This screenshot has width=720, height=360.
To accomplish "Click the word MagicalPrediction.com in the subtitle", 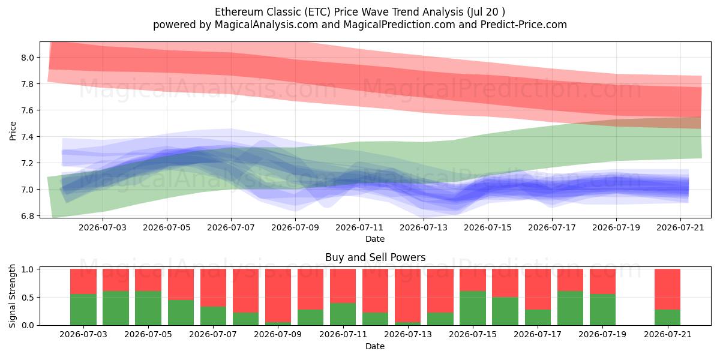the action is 399,25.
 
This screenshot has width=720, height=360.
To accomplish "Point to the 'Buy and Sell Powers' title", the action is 375,257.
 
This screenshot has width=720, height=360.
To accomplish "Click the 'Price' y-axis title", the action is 13,131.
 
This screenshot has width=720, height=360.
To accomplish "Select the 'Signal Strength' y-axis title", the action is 12,296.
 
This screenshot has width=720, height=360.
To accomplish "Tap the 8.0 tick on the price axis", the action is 28,58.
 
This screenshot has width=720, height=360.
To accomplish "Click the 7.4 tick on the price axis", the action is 28,137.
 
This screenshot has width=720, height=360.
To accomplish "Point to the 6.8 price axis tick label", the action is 28,216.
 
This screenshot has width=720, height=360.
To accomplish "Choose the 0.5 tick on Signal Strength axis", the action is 28,298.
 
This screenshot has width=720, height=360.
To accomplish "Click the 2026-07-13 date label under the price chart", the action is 424,227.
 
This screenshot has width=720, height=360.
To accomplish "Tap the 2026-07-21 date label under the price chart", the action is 680,227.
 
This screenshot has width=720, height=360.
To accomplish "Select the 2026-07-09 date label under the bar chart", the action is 278,334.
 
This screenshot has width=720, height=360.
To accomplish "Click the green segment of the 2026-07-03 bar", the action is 83,310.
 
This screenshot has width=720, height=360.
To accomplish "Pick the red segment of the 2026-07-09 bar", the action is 278,295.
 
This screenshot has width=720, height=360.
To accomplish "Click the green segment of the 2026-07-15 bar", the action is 473,308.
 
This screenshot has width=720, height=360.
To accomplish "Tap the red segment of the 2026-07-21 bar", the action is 668,289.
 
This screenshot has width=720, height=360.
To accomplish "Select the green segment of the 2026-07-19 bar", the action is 602,310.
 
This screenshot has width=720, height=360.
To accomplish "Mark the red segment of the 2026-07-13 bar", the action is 408,295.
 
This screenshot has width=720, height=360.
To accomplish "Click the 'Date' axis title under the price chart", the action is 375,239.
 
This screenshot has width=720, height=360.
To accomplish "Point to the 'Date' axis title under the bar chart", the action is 375,346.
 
